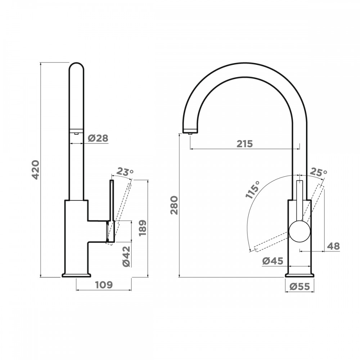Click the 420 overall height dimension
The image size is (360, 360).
tap(36, 170)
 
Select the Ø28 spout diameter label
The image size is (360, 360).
tap(98, 138)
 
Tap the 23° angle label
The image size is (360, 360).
tap(125, 172)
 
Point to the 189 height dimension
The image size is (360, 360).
tap(142, 228)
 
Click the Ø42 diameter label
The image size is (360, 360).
tap(126, 256)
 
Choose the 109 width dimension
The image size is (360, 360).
tap(104, 285)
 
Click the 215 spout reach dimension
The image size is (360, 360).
tap(245, 144)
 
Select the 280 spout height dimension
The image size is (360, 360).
tap(174, 205)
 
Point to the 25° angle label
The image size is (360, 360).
tap(319, 172)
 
